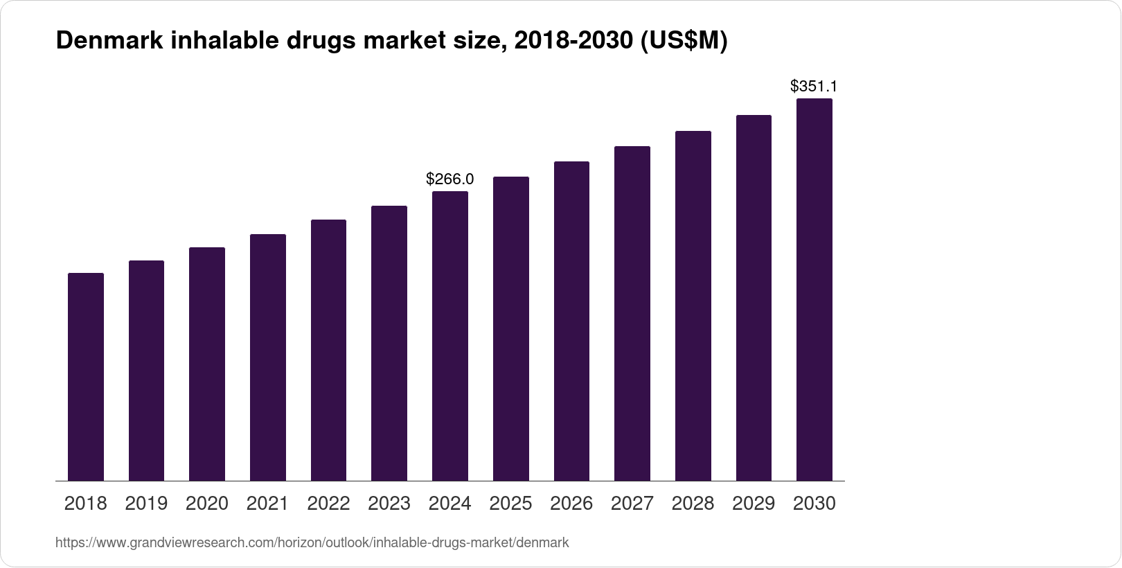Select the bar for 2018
click(x=86, y=377)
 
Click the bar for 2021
click(x=268, y=357)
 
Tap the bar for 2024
click(x=450, y=336)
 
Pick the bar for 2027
click(x=632, y=313)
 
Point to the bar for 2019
click(x=146, y=371)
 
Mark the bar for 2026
click(x=571, y=321)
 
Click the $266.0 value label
click(x=450, y=179)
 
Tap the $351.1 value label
click(x=814, y=87)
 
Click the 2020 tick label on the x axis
click(x=207, y=504)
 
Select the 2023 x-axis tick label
click(x=389, y=504)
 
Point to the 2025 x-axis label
click(x=510, y=504)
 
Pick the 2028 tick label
click(x=693, y=504)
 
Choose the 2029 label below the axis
click(x=754, y=504)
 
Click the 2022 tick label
click(x=328, y=504)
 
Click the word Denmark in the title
click(x=109, y=42)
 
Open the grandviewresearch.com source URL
click(x=312, y=543)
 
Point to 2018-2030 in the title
click(x=573, y=42)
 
